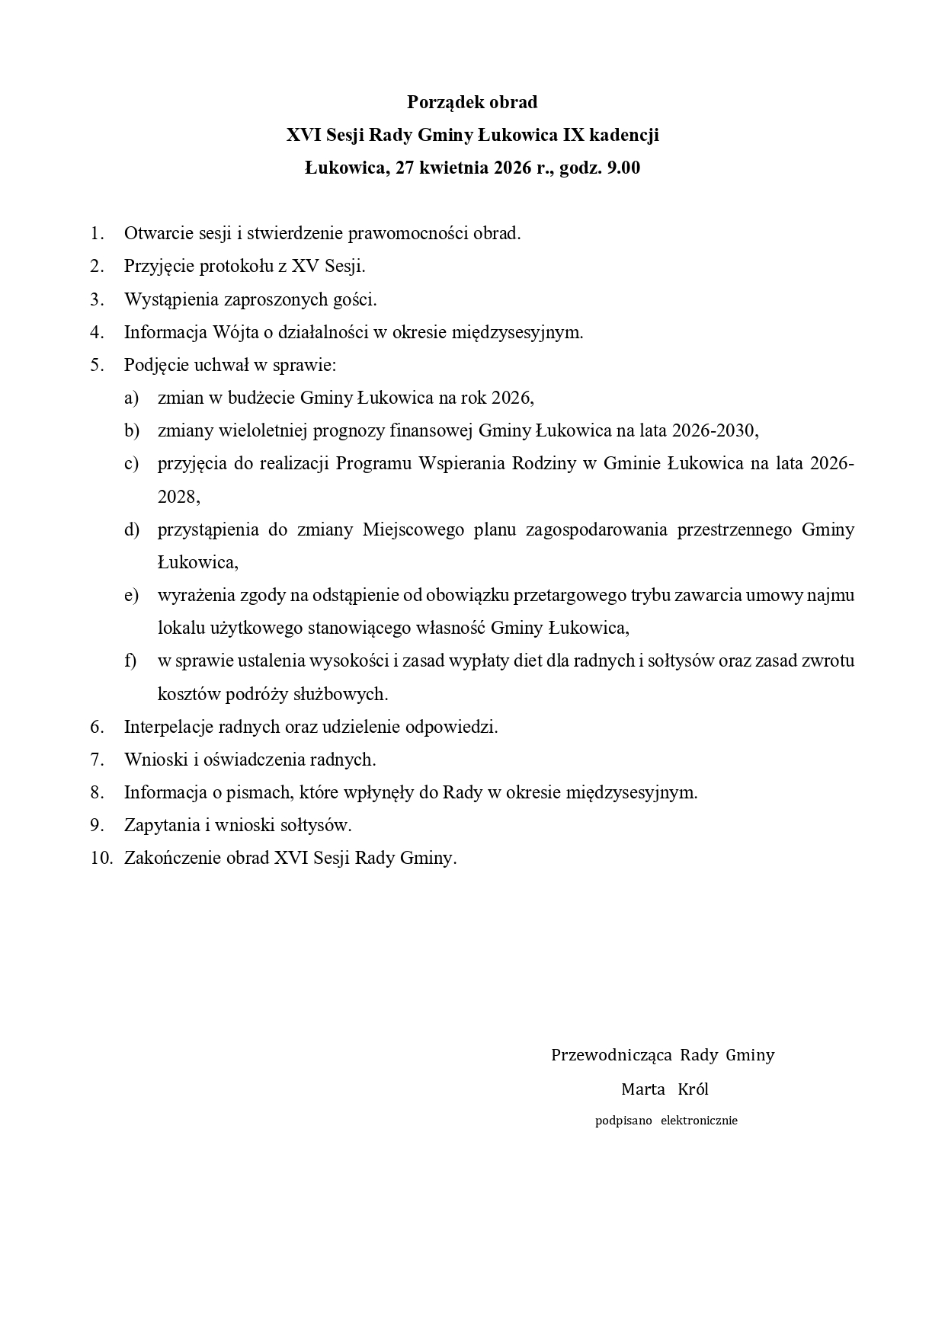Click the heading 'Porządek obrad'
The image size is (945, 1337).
pos(472,102)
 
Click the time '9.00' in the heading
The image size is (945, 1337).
pos(623,168)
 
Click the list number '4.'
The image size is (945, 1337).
pos(96,332)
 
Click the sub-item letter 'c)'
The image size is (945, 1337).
pos(131,464)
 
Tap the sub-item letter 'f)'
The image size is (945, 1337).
pos(130,661)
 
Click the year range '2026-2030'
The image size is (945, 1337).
pos(714,431)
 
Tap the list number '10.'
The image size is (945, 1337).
pos(101,858)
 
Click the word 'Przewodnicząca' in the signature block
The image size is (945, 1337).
pos(611,1055)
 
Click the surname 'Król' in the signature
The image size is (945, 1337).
pos(693,1089)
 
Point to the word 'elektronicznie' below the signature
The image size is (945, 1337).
pos(699,1121)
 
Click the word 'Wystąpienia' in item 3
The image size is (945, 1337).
pos(171,299)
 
